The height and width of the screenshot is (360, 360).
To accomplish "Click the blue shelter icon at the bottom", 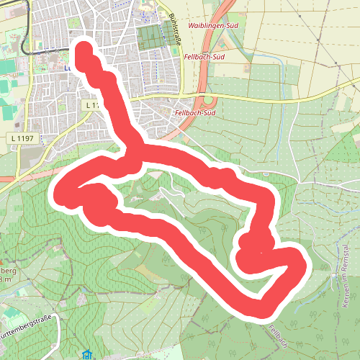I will point(87,354).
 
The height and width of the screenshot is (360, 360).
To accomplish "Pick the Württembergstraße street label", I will point(29,336).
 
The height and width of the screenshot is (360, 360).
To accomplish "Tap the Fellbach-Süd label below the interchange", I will point(195,113).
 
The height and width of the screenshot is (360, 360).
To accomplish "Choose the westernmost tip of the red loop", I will point(58,193).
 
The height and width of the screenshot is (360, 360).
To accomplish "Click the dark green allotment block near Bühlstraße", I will point(151,36).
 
